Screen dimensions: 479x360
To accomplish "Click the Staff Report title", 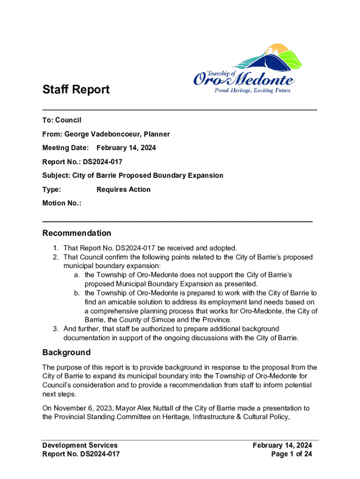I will (x=76, y=89).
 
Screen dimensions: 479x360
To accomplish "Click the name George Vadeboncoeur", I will (x=103, y=134).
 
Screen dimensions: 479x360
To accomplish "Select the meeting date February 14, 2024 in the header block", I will (x=126, y=148).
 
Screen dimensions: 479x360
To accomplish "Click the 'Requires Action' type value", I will (x=123, y=189).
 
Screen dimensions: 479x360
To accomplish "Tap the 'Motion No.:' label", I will (x=62, y=203).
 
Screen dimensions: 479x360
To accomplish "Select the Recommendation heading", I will (x=77, y=233).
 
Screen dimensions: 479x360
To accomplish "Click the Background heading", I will (x=66, y=352).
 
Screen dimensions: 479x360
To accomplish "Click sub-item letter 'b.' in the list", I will (x=77, y=293).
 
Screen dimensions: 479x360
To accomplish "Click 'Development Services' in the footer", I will (x=80, y=445).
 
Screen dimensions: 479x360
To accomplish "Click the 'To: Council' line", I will (x=62, y=120).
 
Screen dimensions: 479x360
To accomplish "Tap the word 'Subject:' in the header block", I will (x=56, y=175).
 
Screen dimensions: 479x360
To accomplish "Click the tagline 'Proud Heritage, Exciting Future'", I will (x=252, y=90).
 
